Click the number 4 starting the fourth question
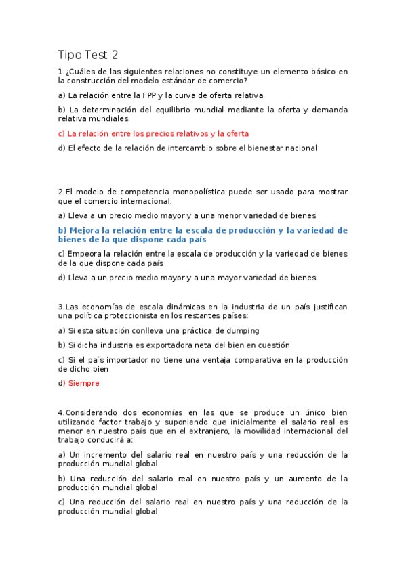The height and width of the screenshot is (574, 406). tap(60, 412)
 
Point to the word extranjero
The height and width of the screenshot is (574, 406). tap(203, 430)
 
